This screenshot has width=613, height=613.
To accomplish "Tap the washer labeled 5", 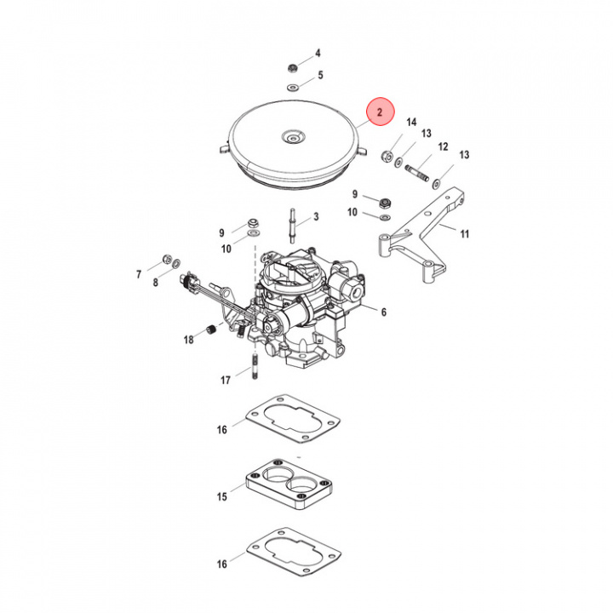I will click(292, 88).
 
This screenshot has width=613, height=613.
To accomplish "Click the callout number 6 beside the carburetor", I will click(383, 312).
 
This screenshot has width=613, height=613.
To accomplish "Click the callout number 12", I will click(442, 147).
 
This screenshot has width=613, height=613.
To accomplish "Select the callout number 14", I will click(410, 122).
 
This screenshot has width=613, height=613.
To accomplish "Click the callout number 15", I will click(221, 496).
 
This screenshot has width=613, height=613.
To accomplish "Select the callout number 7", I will click(138, 273).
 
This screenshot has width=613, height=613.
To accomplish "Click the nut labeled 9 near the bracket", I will click(384, 201).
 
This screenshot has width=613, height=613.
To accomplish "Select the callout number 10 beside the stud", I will click(226, 249).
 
